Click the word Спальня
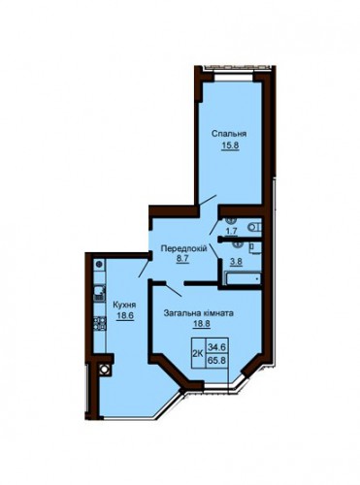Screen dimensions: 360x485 (229, 134)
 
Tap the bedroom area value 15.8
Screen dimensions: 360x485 (230, 145)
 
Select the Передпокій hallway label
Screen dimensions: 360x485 (184, 248)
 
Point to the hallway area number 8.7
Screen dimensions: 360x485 (182, 259)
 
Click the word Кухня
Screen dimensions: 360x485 (124, 305)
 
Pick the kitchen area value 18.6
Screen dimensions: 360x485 (125, 315)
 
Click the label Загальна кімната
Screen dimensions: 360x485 (199, 313)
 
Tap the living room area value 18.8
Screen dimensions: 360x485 (202, 324)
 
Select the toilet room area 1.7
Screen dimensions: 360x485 (232, 231)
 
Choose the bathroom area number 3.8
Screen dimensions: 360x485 (236, 261)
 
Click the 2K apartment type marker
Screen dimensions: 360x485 (198, 353)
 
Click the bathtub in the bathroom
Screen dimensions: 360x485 (243, 278)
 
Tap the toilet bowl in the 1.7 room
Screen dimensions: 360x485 (254, 227)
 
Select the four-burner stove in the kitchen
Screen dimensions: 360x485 (100, 323)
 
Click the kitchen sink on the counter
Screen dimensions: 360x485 (100, 293)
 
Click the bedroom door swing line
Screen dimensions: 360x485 (208, 200)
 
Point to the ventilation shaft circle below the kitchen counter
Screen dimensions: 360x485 (105, 369)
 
